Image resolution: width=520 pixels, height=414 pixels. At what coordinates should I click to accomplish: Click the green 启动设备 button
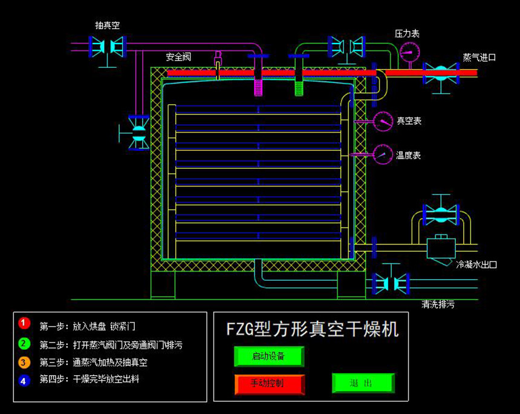tap(268, 356)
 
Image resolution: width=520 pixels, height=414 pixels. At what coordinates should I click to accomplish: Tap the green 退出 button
tap(363, 383)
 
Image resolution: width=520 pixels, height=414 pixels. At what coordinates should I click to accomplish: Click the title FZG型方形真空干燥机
tap(312, 329)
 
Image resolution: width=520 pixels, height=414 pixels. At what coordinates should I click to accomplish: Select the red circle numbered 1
tap(24, 324)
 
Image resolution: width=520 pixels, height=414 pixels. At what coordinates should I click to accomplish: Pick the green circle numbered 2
tap(24, 344)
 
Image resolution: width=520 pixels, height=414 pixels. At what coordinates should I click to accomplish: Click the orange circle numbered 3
tap(24, 363)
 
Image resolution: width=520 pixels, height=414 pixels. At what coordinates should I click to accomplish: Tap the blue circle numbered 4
tap(24, 381)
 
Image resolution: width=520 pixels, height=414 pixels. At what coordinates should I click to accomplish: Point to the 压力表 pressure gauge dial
tap(409, 50)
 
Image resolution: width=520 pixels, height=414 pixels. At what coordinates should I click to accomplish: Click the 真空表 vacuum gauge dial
tap(383, 121)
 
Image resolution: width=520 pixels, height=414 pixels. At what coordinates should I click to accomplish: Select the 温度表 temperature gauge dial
tap(383, 154)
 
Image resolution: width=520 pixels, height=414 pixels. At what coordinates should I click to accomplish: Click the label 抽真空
tap(107, 25)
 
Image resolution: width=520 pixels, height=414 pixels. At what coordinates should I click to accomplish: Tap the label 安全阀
tap(178, 57)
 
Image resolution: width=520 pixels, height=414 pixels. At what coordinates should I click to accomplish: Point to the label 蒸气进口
tap(479, 57)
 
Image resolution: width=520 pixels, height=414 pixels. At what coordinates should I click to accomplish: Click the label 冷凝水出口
tap(476, 264)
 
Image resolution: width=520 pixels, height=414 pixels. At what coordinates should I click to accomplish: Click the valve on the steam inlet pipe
tap(441, 73)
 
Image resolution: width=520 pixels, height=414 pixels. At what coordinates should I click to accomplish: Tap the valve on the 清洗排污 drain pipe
tap(391, 283)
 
